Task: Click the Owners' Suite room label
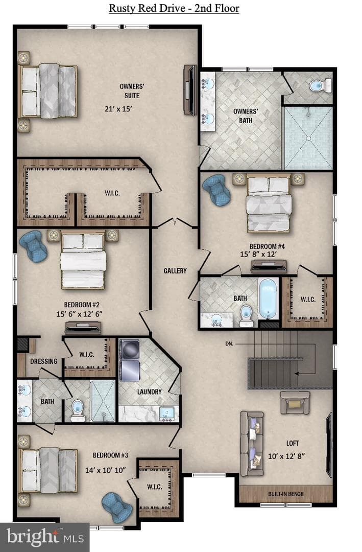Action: [132, 91]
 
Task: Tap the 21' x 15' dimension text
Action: [118, 109]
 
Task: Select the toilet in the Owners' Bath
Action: [320, 85]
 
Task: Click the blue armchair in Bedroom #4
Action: [216, 190]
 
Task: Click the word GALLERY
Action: [175, 271]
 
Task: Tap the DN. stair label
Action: [229, 343]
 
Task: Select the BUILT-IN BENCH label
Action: [285, 494]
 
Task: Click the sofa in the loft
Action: [252, 444]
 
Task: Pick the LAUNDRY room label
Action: [149, 392]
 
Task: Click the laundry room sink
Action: [165, 413]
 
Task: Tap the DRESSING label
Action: [43, 361]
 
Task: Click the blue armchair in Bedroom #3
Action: [117, 508]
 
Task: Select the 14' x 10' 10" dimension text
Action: [106, 470]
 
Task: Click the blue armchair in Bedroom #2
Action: [33, 246]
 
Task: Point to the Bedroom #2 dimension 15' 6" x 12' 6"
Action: [80, 314]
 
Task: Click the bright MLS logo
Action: [45, 538]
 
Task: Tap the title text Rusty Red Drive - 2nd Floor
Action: [174, 8]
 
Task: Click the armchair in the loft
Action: [295, 402]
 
